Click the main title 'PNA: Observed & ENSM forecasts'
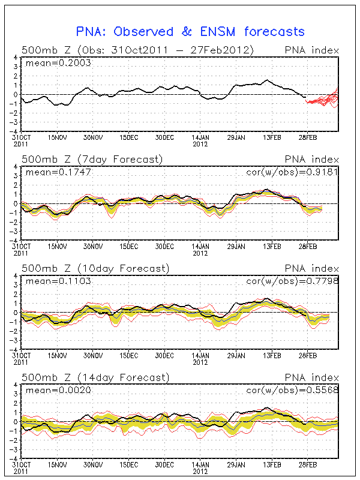click(190, 32)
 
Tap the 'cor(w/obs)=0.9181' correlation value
click(293, 172)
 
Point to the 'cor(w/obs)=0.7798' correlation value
click(293, 281)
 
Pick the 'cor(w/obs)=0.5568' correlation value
click(293, 390)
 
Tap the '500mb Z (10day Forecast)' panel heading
click(95, 268)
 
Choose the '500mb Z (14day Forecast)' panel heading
click(95, 377)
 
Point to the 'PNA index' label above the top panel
click(312, 50)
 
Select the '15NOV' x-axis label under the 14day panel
click(58, 464)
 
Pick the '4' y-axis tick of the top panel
click(16, 58)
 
